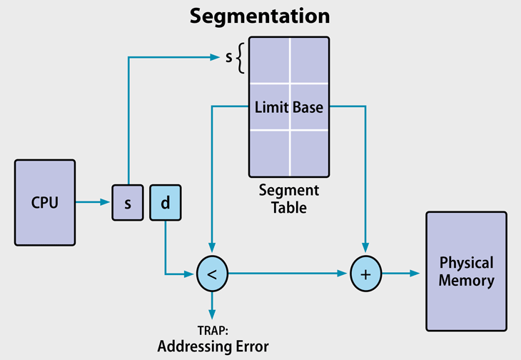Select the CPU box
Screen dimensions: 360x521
pyautogui.click(x=44, y=202)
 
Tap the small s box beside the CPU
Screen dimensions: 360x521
pyautogui.click(x=128, y=203)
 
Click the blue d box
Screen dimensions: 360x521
pyautogui.click(x=165, y=203)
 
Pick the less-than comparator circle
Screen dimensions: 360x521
pyautogui.click(x=211, y=274)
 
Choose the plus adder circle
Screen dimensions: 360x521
pyautogui.click(x=366, y=274)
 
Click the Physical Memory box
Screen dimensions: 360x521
pyautogui.click(x=466, y=272)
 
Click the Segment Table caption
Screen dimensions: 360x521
pyautogui.click(x=288, y=199)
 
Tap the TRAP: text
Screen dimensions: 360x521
pyautogui.click(x=212, y=331)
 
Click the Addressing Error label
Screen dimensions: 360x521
pyautogui.click(x=212, y=347)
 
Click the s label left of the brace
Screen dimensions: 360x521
pyautogui.click(x=228, y=57)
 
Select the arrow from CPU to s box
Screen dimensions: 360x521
pyautogui.click(x=93, y=202)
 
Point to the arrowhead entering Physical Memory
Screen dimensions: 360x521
pyautogui.click(x=415, y=274)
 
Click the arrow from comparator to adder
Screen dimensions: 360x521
pyautogui.click(x=285, y=274)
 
